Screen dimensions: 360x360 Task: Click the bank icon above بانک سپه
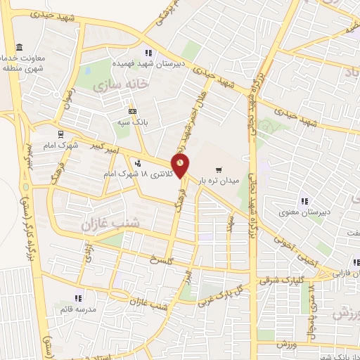click(x=133, y=111)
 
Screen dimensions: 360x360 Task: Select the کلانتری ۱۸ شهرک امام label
click(x=140, y=172)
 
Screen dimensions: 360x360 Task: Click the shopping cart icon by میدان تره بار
click(x=219, y=169)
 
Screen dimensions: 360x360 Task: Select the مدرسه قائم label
click(x=79, y=308)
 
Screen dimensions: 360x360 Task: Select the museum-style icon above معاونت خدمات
click(x=18, y=46)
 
